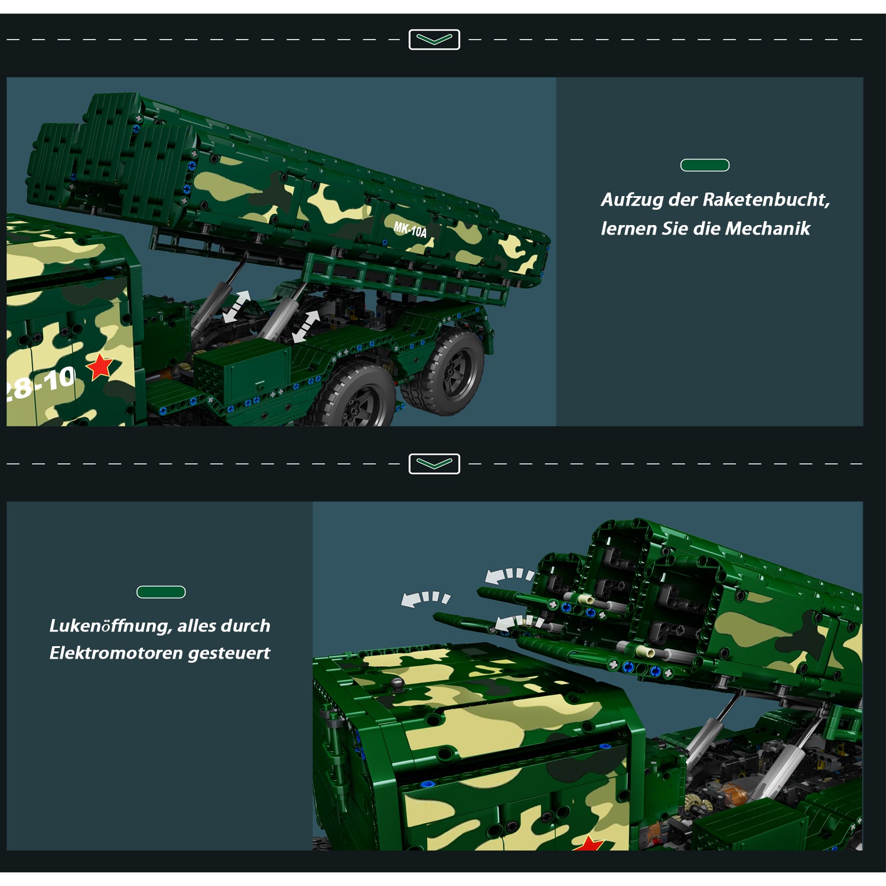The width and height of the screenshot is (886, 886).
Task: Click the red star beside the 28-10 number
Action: pos(100,367)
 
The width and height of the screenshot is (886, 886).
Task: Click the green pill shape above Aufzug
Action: pos(705,165)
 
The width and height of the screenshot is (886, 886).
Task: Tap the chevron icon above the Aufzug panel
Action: pos(434,40)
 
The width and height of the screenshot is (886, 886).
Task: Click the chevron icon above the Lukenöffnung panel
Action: pos(434,464)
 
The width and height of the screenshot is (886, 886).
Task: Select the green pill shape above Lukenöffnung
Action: pos(161,592)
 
